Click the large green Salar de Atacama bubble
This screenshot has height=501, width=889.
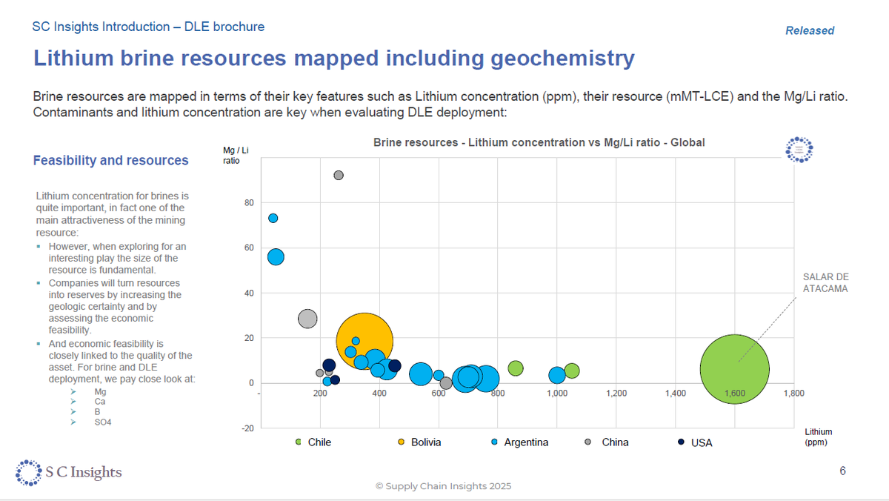tap(734, 368)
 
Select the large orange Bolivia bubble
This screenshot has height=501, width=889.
tap(364, 342)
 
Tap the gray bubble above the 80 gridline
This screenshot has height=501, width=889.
tap(339, 175)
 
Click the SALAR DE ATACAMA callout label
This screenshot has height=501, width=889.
tap(825, 282)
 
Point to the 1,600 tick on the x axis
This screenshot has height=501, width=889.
tap(734, 394)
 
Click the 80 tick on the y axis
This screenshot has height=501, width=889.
tap(250, 203)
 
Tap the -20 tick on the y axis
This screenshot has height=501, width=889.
tap(247, 428)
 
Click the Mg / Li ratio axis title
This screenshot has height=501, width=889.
tap(234, 155)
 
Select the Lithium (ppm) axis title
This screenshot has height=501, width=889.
tap(819, 437)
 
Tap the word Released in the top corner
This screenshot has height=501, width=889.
tap(809, 30)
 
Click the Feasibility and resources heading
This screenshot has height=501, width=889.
tap(111, 160)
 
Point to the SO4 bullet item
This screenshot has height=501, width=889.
tap(103, 422)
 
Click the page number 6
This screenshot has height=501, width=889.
tap(842, 471)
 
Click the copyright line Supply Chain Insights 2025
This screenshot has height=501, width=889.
tap(443, 486)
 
